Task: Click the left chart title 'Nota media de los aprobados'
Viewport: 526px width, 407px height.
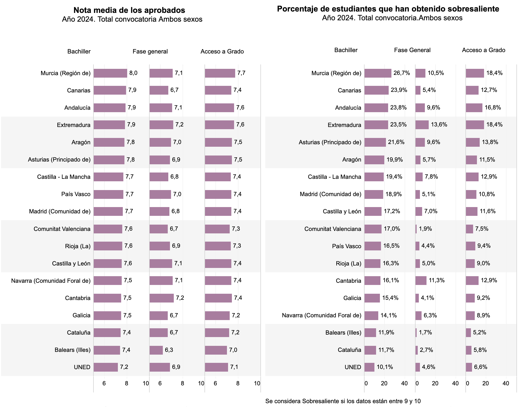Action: [x=129, y=10]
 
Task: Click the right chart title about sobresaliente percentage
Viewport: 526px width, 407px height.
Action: [x=388, y=9]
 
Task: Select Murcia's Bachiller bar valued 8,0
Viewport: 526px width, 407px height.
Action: [x=110, y=73]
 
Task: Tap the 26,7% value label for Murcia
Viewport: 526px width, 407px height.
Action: [x=402, y=73]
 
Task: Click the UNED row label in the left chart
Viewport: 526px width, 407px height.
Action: [x=82, y=367]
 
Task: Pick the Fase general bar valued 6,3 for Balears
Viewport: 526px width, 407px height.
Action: [x=156, y=350]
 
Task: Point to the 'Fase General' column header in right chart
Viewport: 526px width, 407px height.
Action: [x=412, y=50]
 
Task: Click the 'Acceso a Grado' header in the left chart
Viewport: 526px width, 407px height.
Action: [x=222, y=52]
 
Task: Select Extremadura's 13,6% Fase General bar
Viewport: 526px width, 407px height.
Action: [x=422, y=125]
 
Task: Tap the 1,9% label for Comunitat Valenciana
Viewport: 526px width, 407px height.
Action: [x=425, y=229]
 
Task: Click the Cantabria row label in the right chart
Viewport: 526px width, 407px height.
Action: [x=348, y=281]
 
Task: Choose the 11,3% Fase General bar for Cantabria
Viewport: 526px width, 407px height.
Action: [x=421, y=281]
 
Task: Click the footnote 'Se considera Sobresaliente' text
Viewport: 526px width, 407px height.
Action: [x=343, y=401]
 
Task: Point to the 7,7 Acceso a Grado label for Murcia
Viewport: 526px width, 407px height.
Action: [x=241, y=73]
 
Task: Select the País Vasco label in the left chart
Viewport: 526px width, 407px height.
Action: [x=76, y=194]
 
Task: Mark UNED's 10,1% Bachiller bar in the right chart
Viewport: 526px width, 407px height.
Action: [x=369, y=367]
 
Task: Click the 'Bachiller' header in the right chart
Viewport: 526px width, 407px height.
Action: [x=346, y=50]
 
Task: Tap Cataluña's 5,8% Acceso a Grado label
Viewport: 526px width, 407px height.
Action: [x=480, y=350]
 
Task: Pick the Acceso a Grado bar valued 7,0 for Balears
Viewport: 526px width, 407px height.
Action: [x=216, y=350]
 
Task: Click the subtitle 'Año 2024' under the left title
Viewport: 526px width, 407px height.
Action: [x=132, y=19]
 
